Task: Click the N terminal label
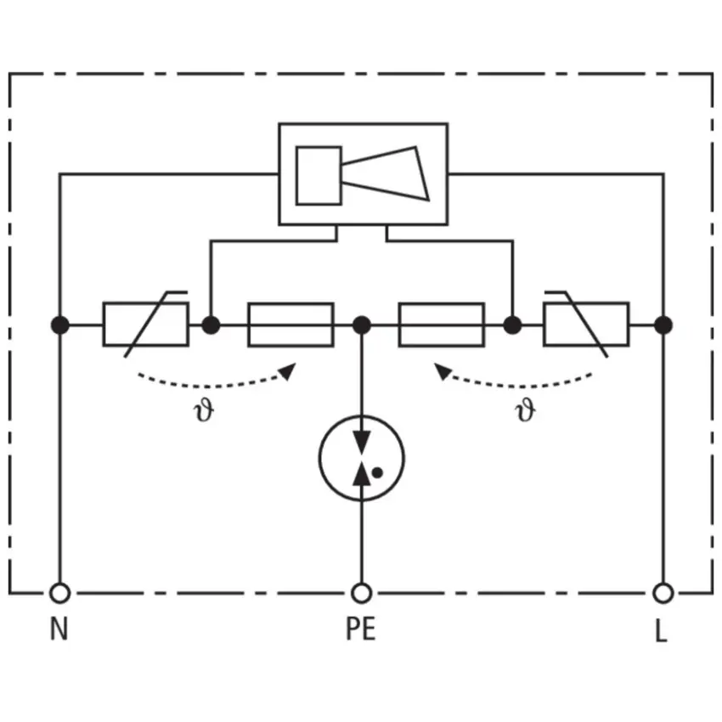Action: pyautogui.click(x=59, y=628)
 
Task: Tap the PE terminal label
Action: pyautogui.click(x=361, y=628)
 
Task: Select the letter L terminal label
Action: pyautogui.click(x=661, y=630)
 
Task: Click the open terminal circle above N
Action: pyautogui.click(x=59, y=593)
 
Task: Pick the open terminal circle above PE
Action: pyautogui.click(x=362, y=593)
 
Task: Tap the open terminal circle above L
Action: pyautogui.click(x=663, y=593)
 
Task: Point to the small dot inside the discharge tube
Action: pyautogui.click(x=377, y=472)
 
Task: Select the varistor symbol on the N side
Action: pyautogui.click(x=145, y=324)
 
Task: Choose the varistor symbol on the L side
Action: pyautogui.click(x=586, y=324)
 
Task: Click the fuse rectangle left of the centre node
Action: pyautogui.click(x=290, y=324)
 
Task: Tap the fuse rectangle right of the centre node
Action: pyautogui.click(x=442, y=324)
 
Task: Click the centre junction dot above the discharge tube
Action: pyautogui.click(x=362, y=325)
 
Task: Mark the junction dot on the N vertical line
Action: pyautogui.click(x=59, y=325)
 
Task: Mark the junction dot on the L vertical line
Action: pyautogui.click(x=663, y=325)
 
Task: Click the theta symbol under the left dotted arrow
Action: pyautogui.click(x=204, y=409)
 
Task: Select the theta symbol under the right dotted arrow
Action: pyautogui.click(x=526, y=409)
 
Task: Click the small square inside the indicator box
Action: pyautogui.click(x=319, y=176)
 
